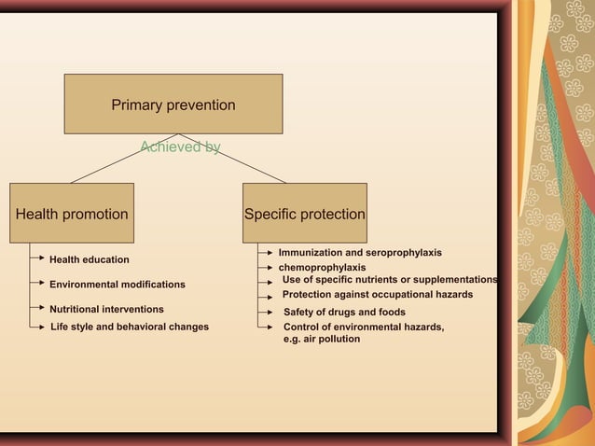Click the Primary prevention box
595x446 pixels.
(173, 105)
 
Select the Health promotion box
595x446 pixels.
(72, 214)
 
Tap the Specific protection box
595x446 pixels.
(304, 214)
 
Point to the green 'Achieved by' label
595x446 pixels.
(179, 146)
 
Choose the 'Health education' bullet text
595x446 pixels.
(89, 259)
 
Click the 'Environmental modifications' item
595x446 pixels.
(117, 285)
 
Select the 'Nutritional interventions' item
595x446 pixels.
(106, 309)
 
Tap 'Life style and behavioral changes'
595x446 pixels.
(129, 327)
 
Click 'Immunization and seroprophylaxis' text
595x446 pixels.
(360, 253)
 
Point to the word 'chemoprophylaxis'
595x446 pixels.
(322, 268)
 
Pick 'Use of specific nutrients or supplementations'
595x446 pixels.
(390, 280)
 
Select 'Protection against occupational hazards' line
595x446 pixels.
(378, 295)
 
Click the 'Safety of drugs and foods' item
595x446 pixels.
(344, 313)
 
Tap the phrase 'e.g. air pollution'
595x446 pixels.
(321, 339)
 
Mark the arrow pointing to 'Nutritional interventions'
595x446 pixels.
(37, 307)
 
